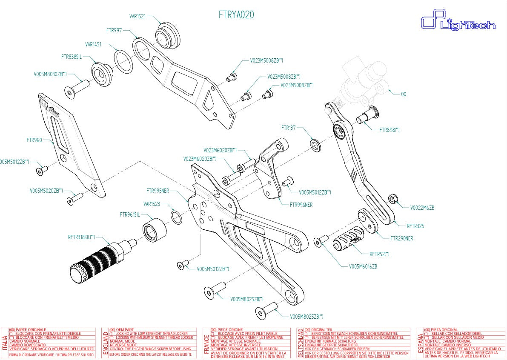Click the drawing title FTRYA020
click(236, 14)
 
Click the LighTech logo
click(458, 22)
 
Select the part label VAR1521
click(137, 17)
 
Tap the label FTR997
click(114, 31)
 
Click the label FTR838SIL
click(71, 56)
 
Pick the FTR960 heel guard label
click(34, 140)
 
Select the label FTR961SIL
click(130, 215)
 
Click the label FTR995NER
click(158, 191)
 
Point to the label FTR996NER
click(301, 205)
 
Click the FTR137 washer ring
click(315, 145)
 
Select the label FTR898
click(389, 130)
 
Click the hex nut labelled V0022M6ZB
click(393, 199)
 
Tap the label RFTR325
click(415, 226)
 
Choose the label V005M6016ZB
click(363, 266)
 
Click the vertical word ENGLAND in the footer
click(105, 343)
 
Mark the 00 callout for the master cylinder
click(404, 94)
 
